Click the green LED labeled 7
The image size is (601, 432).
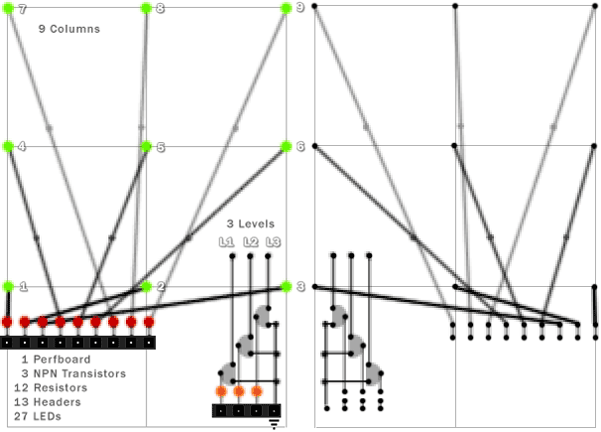tap(9, 8)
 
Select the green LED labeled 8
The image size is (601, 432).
tap(147, 8)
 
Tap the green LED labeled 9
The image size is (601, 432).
tap(286, 8)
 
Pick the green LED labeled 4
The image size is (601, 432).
tap(9, 147)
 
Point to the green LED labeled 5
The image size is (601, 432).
tap(147, 147)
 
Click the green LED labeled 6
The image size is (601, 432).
tap(286, 147)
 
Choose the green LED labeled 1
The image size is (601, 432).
tap(9, 286)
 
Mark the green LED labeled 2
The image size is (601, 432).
tap(147, 286)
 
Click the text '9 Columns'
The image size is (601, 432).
tap(69, 30)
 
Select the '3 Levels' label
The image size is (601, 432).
tap(250, 223)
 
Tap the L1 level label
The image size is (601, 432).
tap(226, 241)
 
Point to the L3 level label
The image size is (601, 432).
tap(274, 241)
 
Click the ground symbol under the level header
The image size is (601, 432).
tap(275, 424)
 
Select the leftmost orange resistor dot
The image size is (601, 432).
tap(221, 391)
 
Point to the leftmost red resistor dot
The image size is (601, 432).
tap(7, 322)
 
